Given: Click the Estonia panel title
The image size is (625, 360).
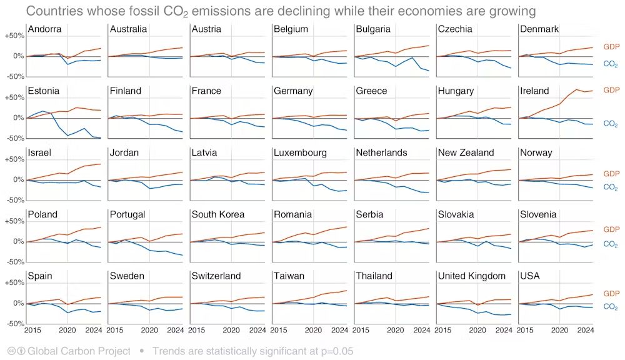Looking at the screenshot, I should click(x=44, y=91).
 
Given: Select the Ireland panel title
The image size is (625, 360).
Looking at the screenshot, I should click(x=534, y=91).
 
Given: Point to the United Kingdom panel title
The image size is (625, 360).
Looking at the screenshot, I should click(x=472, y=276).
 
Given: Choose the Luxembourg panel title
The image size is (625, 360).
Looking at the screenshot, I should click(x=300, y=153).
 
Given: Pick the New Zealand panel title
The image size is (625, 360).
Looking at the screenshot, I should click(x=466, y=153).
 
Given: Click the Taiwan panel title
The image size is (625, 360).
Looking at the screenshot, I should click(x=289, y=276).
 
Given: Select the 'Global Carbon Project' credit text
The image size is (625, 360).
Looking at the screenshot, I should click(x=79, y=351).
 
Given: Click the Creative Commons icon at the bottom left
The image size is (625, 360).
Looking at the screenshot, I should click(x=11, y=351).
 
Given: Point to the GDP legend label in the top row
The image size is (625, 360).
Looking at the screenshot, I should click(x=611, y=47).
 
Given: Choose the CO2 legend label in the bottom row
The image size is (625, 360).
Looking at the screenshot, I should click(x=611, y=307).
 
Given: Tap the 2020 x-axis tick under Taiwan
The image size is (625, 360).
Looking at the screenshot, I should click(x=313, y=329).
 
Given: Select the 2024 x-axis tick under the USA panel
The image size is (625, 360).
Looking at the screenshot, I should click(x=585, y=329).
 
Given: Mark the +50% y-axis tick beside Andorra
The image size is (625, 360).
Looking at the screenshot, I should click(x=14, y=36).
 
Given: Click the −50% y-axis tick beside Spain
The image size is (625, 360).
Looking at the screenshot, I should click(x=14, y=324).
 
